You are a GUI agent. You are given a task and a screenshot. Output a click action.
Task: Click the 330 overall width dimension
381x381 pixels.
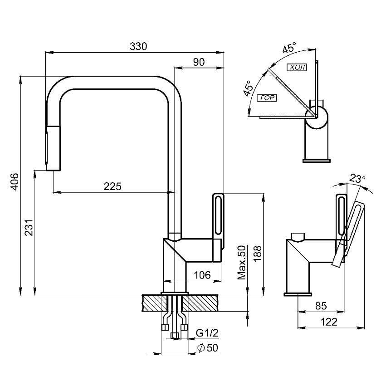coord(138,46)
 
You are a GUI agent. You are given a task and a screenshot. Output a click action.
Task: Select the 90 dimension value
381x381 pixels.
coord(199,63)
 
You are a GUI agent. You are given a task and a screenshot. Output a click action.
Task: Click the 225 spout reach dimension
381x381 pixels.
coord(112,186)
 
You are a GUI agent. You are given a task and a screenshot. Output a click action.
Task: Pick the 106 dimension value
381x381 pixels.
coord(202,275)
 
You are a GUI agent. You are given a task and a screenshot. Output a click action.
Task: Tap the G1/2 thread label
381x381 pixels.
coord(207,333)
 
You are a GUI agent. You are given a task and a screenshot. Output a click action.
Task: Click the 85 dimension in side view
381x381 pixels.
coord(321,306)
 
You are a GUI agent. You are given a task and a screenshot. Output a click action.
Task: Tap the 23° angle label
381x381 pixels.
coord(357,179)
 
